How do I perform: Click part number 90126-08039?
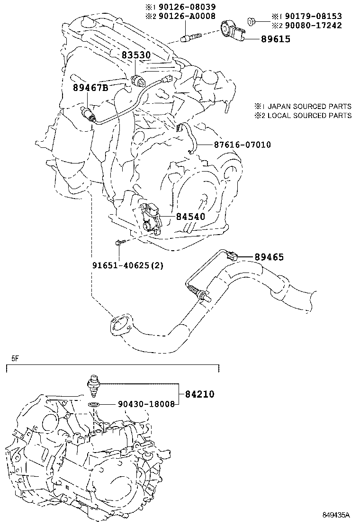(189, 7)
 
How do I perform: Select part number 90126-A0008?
(189, 16)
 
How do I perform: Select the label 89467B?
(90, 88)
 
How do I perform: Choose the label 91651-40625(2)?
(127, 265)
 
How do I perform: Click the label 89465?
(269, 257)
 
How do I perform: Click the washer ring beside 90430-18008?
(94, 404)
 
